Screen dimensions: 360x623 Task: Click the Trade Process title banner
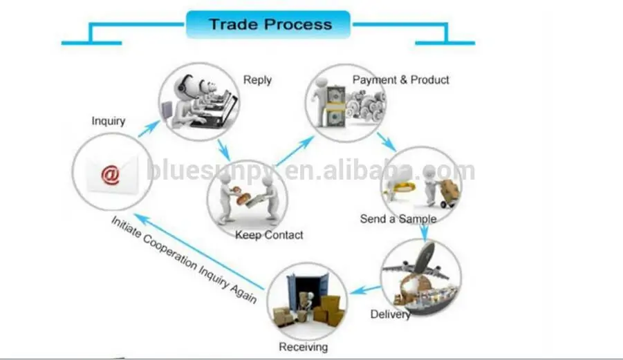(x=270, y=25)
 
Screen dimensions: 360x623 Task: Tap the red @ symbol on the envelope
(x=110, y=175)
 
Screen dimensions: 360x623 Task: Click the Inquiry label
(x=109, y=121)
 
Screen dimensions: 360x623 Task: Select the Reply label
(x=257, y=80)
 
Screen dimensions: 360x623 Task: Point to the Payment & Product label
(x=401, y=80)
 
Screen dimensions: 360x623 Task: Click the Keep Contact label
(x=269, y=235)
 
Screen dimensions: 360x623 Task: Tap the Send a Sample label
(x=398, y=219)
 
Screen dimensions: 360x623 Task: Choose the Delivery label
(x=391, y=314)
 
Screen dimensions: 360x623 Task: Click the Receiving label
(x=303, y=347)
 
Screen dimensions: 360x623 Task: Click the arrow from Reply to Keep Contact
(x=223, y=149)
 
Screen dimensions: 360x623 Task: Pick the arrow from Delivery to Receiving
(x=365, y=289)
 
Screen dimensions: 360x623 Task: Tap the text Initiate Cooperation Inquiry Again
(x=184, y=259)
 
